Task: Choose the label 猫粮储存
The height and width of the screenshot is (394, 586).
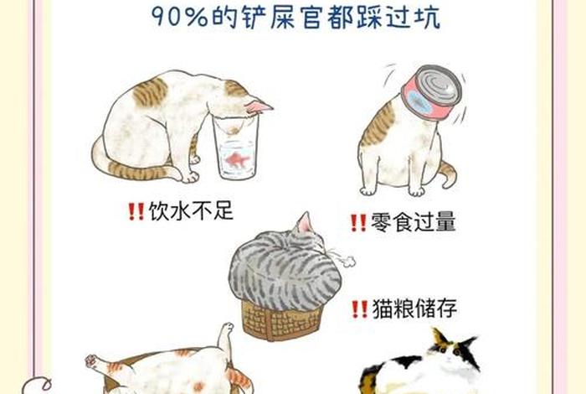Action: coord(414,309)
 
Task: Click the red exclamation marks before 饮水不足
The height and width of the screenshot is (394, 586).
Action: coord(136,211)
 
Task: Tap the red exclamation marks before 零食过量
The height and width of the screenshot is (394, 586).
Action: coord(358,223)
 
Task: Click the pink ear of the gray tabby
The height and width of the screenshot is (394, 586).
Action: coord(304,222)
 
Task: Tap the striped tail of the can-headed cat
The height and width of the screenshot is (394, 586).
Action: coord(447,174)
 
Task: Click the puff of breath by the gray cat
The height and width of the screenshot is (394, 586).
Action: coord(344,257)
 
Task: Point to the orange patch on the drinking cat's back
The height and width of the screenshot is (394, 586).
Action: coord(151,92)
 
